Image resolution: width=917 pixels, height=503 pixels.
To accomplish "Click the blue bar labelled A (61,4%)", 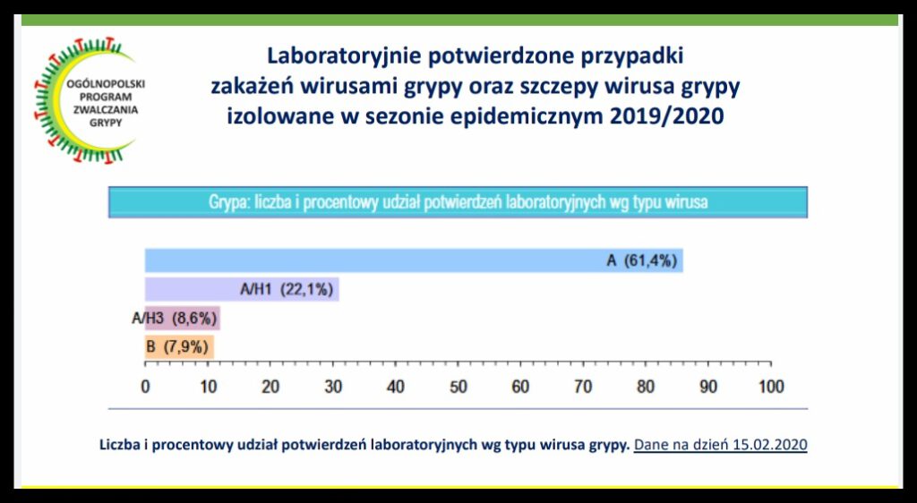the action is [414, 260].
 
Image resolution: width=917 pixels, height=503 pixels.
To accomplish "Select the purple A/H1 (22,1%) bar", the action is [242, 289].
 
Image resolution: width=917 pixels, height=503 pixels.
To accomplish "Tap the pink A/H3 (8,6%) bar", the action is [183, 319].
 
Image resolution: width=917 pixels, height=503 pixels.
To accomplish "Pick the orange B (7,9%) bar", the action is [179, 347].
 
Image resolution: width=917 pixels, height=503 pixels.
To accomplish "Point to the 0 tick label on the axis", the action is [145, 387].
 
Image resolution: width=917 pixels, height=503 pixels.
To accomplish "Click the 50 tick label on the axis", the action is [458, 387].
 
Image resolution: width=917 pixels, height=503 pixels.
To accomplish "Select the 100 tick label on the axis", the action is [770, 387].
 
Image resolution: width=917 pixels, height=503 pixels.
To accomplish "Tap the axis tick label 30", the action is [333, 387].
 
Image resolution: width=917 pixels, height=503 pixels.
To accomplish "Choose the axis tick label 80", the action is [646, 387].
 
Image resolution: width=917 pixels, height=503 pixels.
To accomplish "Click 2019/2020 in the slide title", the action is [666, 115].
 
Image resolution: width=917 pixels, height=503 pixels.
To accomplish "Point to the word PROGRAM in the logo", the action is [106, 97].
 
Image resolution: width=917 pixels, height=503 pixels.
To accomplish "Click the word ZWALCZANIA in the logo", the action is [106, 110].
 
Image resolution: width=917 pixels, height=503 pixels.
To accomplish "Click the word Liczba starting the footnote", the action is [119, 445].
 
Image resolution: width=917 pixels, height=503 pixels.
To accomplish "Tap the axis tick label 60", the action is [520, 387].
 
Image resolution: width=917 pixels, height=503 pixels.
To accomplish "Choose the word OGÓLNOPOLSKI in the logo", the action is [106, 84].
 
